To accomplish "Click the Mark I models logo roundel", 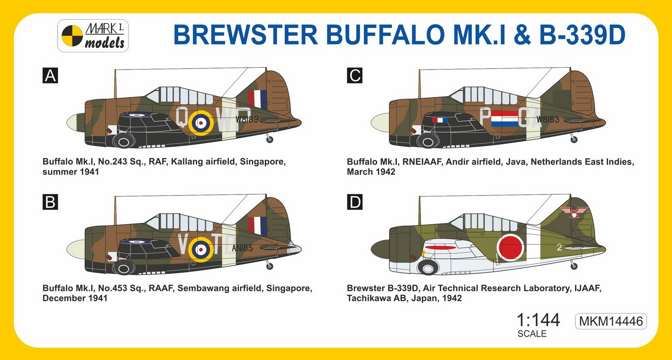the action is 72,36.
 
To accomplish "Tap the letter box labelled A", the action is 50,76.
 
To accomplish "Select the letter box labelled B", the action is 50,202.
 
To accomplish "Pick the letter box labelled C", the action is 355,76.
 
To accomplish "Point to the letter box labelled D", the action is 355,202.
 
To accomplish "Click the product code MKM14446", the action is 611,321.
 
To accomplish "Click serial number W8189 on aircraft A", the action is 247,120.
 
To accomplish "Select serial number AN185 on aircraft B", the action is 242,248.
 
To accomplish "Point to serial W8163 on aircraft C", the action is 548,120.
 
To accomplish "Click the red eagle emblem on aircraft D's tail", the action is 574,212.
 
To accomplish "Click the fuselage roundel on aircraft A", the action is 201,123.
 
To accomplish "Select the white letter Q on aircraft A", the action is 182,117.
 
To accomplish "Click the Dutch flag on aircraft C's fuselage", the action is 504,119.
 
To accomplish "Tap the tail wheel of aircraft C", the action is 574,140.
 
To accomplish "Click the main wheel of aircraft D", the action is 428,268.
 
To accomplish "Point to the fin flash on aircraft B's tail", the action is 257,226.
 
